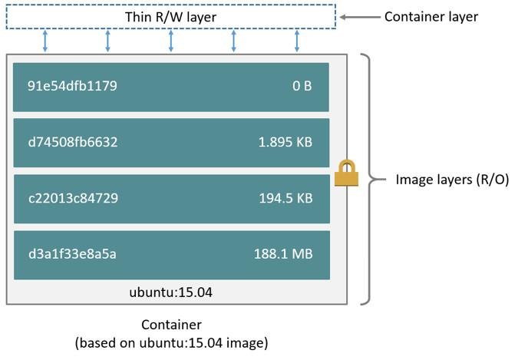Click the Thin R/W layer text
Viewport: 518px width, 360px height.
(170, 16)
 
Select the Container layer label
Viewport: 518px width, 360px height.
(431, 16)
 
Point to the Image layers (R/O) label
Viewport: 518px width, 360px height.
(452, 180)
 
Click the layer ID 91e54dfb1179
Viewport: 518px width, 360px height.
(72, 86)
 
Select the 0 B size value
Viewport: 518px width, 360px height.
(302, 86)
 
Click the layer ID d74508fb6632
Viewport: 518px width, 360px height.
(73, 142)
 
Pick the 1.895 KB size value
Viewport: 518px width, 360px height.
(285, 142)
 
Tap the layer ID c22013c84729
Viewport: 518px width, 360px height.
(73, 198)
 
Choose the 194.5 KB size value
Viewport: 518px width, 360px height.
(285, 198)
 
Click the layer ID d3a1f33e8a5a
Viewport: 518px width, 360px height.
(72, 254)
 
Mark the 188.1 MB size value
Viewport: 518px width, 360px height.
(283, 254)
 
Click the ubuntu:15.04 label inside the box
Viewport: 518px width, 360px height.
(170, 292)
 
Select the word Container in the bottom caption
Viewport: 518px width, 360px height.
(171, 325)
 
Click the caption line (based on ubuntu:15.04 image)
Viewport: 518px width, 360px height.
(171, 343)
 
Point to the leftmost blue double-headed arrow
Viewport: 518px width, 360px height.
(45, 41)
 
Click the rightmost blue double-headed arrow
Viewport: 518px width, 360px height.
(297, 41)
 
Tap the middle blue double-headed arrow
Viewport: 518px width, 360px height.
(171, 41)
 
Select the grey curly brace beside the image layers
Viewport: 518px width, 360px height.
(374, 180)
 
